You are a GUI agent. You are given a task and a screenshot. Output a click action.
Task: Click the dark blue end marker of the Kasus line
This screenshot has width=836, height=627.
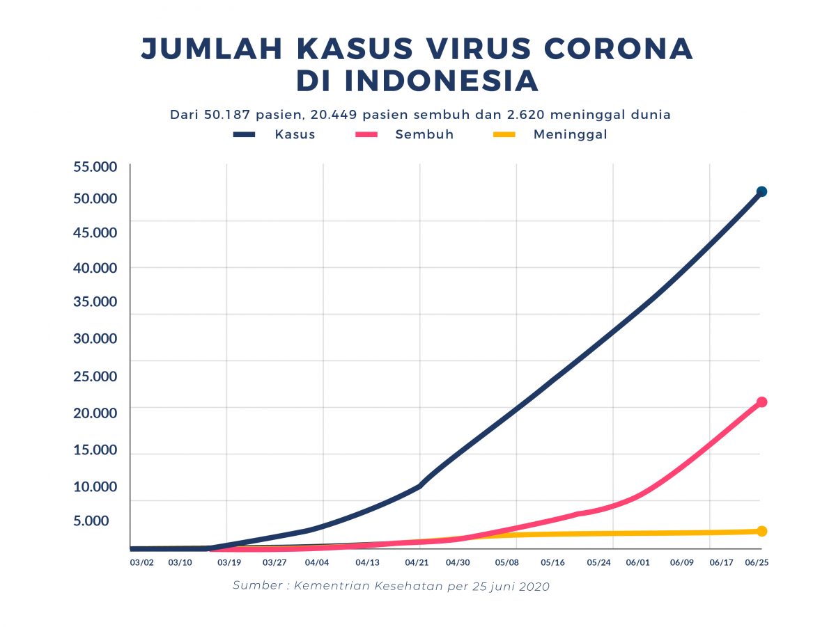[761, 191]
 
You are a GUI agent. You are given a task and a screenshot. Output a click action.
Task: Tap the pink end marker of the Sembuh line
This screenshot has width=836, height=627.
[761, 402]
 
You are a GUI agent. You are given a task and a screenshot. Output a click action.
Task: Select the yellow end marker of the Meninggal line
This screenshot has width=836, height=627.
[761, 531]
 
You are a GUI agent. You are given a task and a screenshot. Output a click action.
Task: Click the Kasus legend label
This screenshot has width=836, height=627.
[295, 135]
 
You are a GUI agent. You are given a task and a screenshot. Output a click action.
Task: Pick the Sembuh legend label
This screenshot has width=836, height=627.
[424, 135]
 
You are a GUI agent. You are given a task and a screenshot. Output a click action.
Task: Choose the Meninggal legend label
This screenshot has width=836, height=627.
[570, 135]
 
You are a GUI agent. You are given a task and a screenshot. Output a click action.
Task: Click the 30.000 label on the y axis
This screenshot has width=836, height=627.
[95, 339]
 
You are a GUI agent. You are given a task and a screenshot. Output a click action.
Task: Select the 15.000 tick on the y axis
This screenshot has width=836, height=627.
[95, 450]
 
